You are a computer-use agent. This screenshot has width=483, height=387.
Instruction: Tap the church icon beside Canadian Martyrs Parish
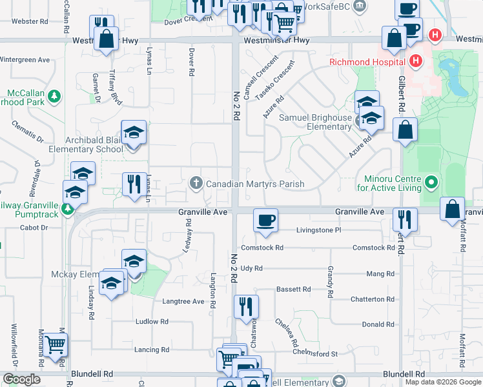(x=196, y=184)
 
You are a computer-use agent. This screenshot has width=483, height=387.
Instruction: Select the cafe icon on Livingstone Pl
(x=265, y=221)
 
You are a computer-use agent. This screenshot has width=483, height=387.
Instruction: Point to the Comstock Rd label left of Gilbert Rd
(x=373, y=248)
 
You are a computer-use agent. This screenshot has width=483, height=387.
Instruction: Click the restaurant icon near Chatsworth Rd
(x=245, y=307)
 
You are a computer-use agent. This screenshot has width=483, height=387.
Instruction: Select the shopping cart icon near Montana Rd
(x=55, y=345)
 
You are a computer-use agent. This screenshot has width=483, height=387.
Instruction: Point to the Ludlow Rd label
(x=152, y=321)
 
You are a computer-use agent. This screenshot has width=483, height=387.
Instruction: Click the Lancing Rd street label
(x=152, y=350)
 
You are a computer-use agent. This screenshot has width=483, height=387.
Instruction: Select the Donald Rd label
(x=378, y=324)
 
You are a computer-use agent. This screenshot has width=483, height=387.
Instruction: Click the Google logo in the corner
(x=21, y=379)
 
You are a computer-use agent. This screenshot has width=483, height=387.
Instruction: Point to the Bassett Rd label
(x=294, y=290)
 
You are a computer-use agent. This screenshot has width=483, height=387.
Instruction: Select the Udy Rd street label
(x=251, y=268)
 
